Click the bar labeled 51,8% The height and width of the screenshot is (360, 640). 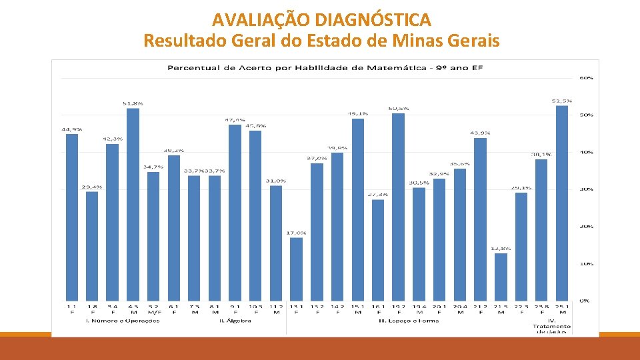pos(133,203)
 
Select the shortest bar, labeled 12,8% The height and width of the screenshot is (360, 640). pos(501,276)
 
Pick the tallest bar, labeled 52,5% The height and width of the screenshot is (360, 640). pos(562,203)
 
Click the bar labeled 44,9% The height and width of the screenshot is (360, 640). pos(71,217)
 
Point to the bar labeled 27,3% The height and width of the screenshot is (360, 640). pos(378,249)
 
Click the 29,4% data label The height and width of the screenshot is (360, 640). pos(92,187)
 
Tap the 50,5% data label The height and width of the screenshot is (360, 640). pos(399,108)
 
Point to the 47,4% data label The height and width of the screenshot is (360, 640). pos(235,120)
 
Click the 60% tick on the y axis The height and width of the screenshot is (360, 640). pos(586,78)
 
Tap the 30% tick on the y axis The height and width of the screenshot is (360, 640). pos(586,189)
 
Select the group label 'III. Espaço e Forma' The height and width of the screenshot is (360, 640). pos(409,321)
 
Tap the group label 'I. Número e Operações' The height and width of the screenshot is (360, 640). pos(123,321)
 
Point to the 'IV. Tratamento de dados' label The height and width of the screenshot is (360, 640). pos(552,325)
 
